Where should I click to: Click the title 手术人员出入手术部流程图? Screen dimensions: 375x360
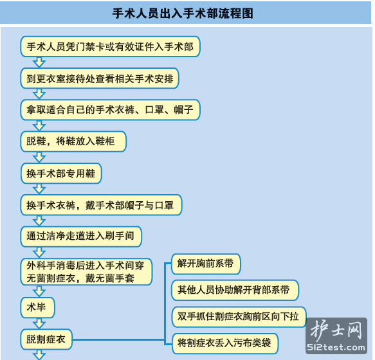[x=183, y=13]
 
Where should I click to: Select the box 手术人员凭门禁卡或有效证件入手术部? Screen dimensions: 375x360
[x=110, y=47]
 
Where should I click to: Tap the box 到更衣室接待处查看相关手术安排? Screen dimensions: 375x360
[x=100, y=78]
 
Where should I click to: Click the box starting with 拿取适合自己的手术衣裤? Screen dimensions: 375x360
[x=110, y=110]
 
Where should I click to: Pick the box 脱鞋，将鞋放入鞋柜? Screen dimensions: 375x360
[x=73, y=141]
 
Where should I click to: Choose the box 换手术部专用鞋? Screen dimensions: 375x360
[x=61, y=174]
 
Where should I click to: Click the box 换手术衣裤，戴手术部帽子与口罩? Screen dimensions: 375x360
[x=101, y=205]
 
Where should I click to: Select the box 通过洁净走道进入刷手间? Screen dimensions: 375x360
[x=81, y=237]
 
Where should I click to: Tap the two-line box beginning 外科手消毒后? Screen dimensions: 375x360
[x=86, y=272]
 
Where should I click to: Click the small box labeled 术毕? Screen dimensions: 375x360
[x=37, y=308]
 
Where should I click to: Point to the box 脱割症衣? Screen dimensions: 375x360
[x=46, y=339]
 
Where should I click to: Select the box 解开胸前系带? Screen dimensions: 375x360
[x=206, y=264]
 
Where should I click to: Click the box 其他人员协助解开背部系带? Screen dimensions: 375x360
[x=235, y=290]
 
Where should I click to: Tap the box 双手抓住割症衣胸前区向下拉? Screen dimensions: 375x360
[x=239, y=317]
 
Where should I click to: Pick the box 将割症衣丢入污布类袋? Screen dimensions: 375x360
[x=225, y=343]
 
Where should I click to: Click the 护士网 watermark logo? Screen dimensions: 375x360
[x=336, y=330]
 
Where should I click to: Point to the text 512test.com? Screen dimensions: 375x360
[x=336, y=347]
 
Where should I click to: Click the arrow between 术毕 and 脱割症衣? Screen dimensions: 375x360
[x=39, y=323]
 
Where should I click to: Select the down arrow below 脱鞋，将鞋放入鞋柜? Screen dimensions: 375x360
[x=39, y=157]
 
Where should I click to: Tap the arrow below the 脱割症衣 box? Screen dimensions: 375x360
[x=39, y=355]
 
